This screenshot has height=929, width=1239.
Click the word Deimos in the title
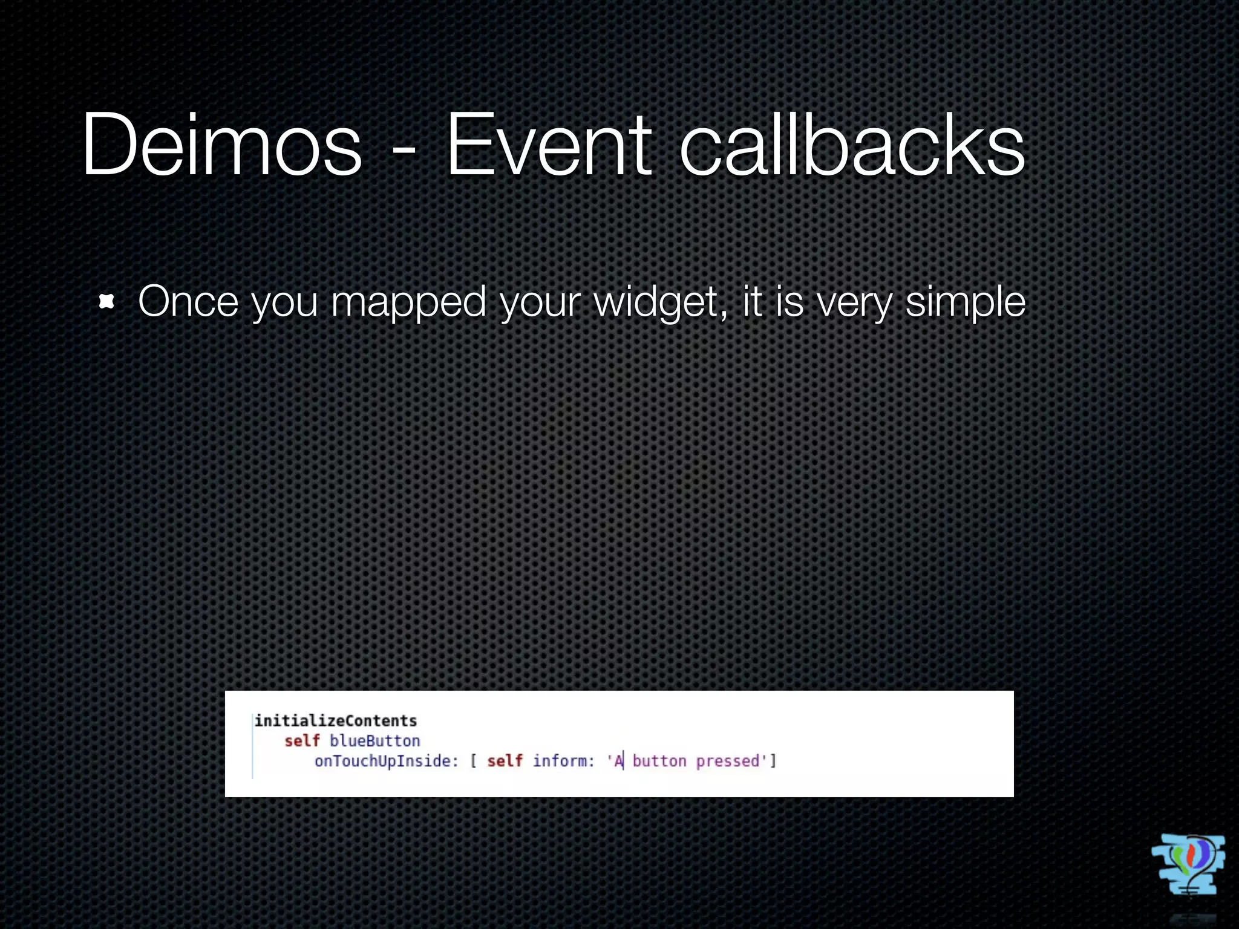tap(221, 145)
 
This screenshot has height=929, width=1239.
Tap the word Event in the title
tap(548, 145)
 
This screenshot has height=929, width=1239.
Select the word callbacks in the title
tap(852, 145)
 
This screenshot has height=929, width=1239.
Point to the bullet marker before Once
tap(106, 301)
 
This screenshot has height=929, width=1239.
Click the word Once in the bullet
tap(188, 301)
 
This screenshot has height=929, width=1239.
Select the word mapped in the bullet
tap(408, 302)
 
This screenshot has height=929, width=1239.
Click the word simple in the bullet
tap(966, 302)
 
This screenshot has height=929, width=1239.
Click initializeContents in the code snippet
tap(336, 720)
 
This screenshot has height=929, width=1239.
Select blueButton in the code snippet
tap(374, 740)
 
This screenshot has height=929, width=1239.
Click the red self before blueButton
tap(302, 740)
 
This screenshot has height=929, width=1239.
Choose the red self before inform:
tap(505, 760)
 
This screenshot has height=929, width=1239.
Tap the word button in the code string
tap(659, 760)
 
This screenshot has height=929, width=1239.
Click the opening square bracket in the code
tap(473, 760)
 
